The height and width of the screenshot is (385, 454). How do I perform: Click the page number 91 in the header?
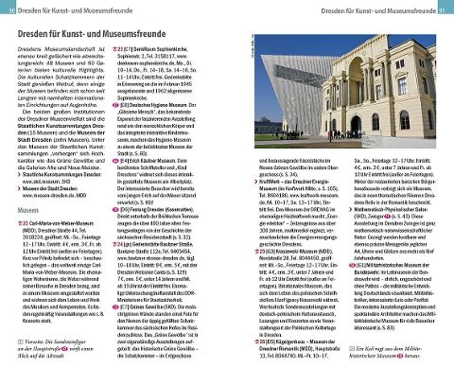click(x=442, y=10)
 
